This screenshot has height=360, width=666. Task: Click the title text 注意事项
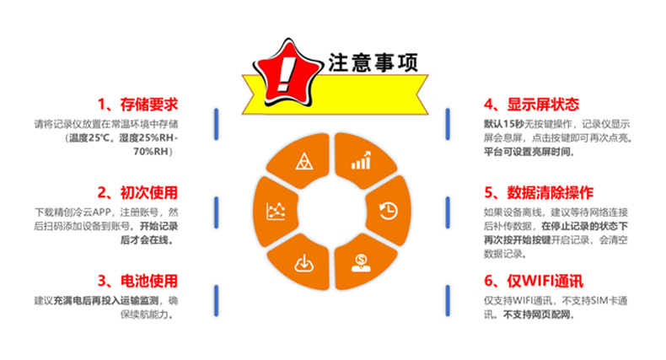tap(370, 63)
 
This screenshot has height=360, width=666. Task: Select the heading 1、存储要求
tap(138, 105)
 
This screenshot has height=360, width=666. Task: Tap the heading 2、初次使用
tap(138, 192)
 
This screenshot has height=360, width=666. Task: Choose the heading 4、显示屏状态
tap(531, 105)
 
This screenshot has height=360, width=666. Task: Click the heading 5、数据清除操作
tap(539, 192)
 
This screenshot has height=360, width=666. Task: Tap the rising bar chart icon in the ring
tap(361, 160)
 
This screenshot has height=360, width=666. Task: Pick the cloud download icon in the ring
tap(302, 262)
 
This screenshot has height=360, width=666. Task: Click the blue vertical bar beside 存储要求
tap(217, 124)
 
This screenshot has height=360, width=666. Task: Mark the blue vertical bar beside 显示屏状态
tap(446, 124)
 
